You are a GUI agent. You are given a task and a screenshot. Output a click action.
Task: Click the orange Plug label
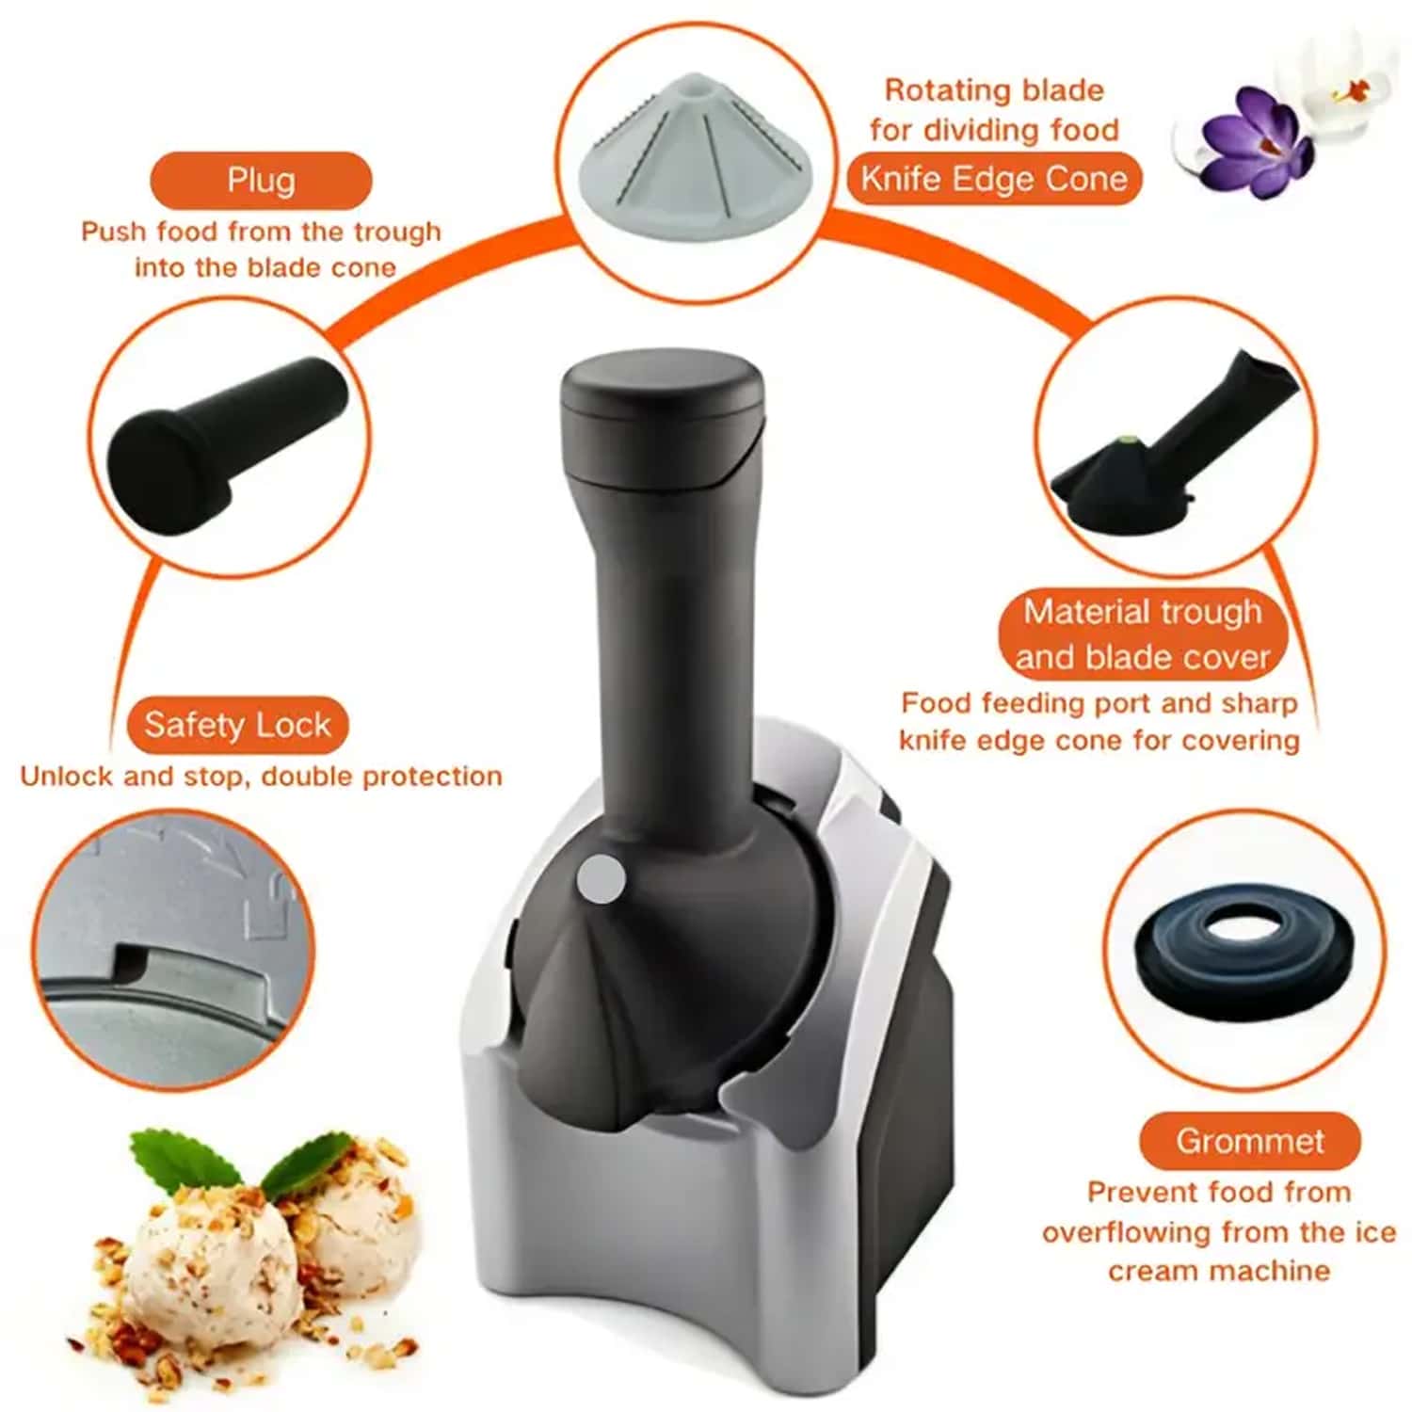pyautogui.click(x=261, y=180)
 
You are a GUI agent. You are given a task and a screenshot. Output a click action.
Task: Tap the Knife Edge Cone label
pyautogui.click(x=994, y=178)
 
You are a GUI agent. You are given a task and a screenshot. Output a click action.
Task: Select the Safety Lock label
pyautogui.click(x=237, y=725)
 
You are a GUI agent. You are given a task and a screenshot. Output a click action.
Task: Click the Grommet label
pyautogui.click(x=1249, y=1141)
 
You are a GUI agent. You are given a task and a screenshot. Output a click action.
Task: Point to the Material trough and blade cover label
pyautogui.click(x=1143, y=634)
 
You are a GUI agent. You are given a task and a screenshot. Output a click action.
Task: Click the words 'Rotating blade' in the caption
pyautogui.click(x=994, y=90)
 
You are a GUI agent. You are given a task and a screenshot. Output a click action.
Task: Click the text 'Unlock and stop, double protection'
pyautogui.click(x=261, y=777)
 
